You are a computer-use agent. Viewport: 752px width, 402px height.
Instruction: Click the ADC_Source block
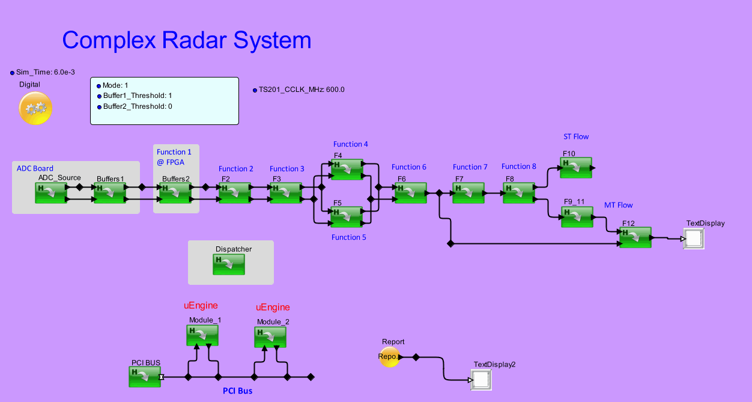coord(50,193)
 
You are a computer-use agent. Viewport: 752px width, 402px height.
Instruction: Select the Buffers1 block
coord(110,193)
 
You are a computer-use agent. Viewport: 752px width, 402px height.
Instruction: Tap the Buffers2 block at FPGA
coord(175,193)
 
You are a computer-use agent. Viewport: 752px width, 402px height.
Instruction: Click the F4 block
coord(347,169)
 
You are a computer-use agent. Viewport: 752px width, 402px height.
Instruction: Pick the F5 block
coord(347,216)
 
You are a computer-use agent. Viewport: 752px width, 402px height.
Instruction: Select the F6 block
coord(411,193)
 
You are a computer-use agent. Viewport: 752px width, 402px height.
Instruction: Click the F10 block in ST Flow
coord(576,168)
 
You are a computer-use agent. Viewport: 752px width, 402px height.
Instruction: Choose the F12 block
coord(635,237)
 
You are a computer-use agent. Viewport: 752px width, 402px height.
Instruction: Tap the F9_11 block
coord(577,217)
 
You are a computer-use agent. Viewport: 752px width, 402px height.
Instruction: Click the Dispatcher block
coord(229,264)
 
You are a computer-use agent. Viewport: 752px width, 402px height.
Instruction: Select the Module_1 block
coord(202,335)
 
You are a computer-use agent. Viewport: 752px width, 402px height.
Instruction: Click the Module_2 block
coord(270,337)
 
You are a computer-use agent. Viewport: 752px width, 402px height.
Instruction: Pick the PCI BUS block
coord(145,377)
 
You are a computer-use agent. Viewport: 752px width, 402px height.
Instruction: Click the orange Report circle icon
coord(389,356)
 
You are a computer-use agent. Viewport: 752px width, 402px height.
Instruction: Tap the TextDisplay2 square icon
coord(481,380)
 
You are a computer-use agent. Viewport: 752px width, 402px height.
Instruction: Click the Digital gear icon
coord(35,109)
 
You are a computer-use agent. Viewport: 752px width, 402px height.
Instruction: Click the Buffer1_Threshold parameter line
coord(137,96)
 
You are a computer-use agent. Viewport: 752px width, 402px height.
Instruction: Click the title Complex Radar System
coord(187,40)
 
